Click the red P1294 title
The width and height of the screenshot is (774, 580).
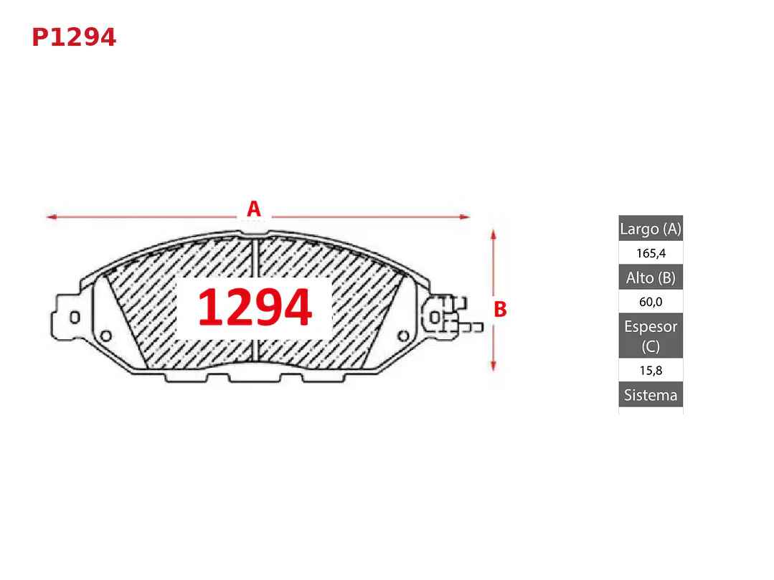(74, 37)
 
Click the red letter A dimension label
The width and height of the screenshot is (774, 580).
(254, 209)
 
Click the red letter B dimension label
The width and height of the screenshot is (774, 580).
(501, 310)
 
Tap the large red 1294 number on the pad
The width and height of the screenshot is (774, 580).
(255, 308)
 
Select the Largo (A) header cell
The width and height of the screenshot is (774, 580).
(651, 229)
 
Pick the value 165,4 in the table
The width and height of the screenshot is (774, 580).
(651, 253)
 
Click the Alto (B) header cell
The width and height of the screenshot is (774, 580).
(651, 277)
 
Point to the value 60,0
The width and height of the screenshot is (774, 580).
(651, 301)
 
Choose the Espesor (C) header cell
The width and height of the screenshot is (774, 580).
(651, 336)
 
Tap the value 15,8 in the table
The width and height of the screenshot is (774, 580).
(651, 370)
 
